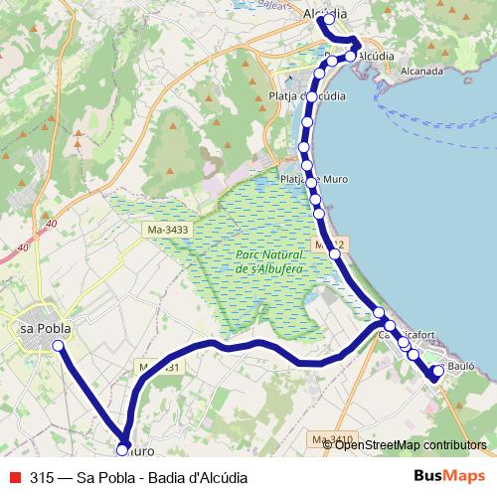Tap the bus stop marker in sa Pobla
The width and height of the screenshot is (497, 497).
pos(58,345)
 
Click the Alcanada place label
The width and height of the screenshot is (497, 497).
pos(421,72)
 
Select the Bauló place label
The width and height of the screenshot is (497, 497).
pos(463,367)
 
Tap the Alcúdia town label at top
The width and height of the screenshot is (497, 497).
pos(324,14)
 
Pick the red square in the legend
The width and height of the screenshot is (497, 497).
pos(14,477)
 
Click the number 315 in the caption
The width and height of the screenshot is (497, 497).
pos(42,477)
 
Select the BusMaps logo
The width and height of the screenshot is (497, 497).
pos(449,476)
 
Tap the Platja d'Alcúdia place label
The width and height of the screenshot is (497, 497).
pos(308,95)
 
